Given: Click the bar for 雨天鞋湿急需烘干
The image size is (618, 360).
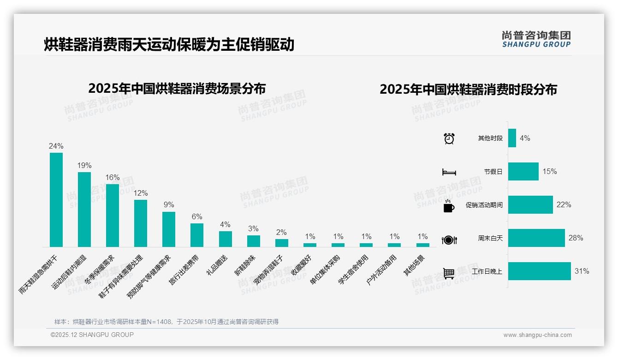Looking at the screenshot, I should [x=56, y=200].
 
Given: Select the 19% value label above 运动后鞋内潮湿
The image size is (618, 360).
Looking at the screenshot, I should [x=84, y=165].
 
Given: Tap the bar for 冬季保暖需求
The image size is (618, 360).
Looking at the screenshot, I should [x=113, y=216].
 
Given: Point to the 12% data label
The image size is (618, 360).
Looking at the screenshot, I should [x=141, y=193].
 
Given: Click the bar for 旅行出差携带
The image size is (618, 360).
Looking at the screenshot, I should [x=197, y=235].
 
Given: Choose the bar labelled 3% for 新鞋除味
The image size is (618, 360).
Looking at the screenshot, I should [x=253, y=241].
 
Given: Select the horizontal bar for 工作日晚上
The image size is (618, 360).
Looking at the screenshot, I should [x=540, y=271].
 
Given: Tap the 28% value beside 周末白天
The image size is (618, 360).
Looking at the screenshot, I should [x=576, y=238].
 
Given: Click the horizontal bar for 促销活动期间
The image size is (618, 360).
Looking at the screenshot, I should [x=530, y=205].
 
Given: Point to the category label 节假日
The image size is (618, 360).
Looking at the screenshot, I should [x=493, y=172].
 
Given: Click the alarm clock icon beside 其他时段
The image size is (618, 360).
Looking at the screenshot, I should [x=449, y=138].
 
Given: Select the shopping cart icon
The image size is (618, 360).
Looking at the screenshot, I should [x=449, y=273].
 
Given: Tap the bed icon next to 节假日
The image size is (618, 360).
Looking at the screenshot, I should [x=449, y=172].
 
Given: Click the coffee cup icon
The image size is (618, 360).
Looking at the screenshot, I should [x=449, y=206].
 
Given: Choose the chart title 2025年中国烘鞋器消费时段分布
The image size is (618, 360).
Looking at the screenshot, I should [x=468, y=89].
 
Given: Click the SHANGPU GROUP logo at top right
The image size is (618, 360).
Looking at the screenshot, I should [x=536, y=39].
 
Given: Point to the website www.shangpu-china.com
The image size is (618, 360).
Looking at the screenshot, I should [x=537, y=335].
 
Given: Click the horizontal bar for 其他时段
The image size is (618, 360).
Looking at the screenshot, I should [x=512, y=138].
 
